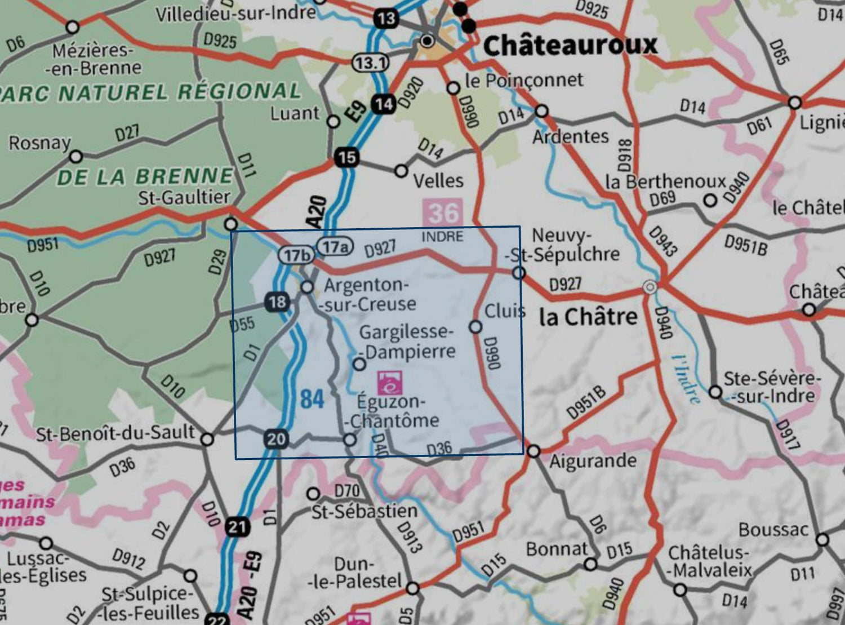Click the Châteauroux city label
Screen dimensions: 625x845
pyautogui.click(x=570, y=45)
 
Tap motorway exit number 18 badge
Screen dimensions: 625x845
pyautogui.click(x=277, y=302)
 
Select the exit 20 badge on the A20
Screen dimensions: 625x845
pyautogui.click(x=276, y=439)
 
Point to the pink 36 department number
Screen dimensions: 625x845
pyautogui.click(x=443, y=213)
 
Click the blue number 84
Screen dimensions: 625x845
pyautogui.click(x=312, y=399)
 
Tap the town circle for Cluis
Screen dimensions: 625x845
pyautogui.click(x=475, y=327)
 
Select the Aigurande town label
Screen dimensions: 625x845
pyautogui.click(x=593, y=462)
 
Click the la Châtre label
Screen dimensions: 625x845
pyautogui.click(x=588, y=317)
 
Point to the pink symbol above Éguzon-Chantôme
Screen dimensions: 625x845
pyautogui.click(x=390, y=383)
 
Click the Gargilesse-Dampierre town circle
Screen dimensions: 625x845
pyautogui.click(x=359, y=364)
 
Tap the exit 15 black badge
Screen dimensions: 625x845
pyautogui.click(x=347, y=157)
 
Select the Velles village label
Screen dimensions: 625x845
pyautogui.click(x=438, y=181)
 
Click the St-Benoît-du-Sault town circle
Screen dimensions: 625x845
pyautogui.click(x=207, y=439)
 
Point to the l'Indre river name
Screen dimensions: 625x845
pyautogui.click(x=686, y=379)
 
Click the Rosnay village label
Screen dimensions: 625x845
pyautogui.click(x=39, y=143)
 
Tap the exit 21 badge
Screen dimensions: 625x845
pyautogui.click(x=237, y=527)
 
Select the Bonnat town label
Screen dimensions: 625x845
pyautogui.click(x=557, y=549)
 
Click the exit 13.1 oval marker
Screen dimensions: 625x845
pyautogui.click(x=370, y=63)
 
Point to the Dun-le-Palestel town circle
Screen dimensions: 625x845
pyautogui.click(x=413, y=588)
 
